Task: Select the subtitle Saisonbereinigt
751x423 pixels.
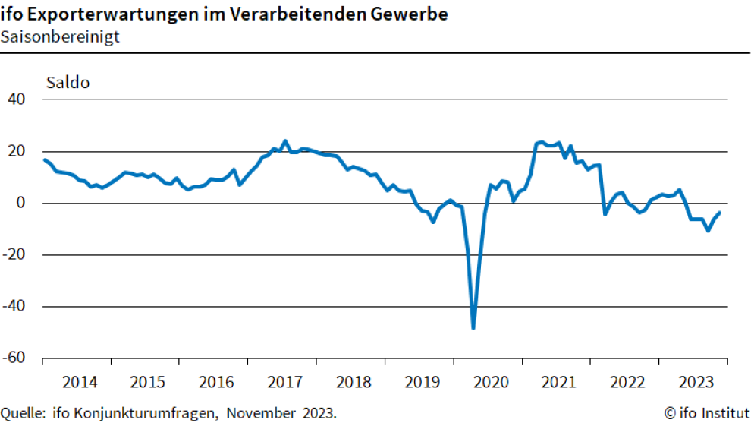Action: (60, 36)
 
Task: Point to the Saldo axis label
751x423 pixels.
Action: (68, 83)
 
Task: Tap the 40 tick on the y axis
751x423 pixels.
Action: (17, 99)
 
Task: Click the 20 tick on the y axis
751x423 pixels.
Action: (17, 151)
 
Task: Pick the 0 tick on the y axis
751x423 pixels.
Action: (22, 203)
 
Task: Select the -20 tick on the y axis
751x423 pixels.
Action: (15, 254)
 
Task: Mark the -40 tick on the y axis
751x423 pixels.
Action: (15, 306)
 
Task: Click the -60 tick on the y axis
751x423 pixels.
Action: (15, 358)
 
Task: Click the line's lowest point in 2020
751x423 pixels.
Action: (473, 328)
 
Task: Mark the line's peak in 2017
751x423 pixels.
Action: (285, 141)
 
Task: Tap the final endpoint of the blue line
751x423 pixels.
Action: (719, 213)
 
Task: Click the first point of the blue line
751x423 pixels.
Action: (44, 159)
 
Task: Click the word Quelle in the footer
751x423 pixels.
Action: (24, 413)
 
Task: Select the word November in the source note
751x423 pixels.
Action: (259, 413)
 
